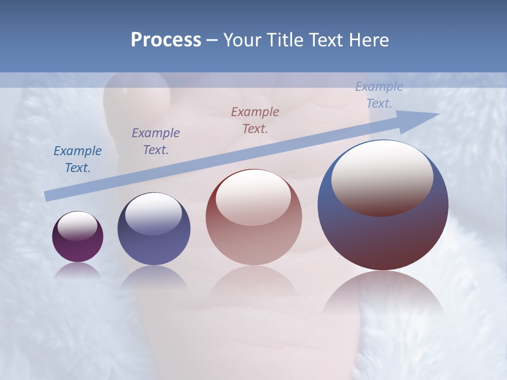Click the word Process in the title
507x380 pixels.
coord(166,40)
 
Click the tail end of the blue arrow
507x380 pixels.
coord(49,195)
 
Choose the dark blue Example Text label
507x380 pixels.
coord(78,159)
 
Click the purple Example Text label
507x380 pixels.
coord(156,141)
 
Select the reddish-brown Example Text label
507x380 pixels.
coord(255,120)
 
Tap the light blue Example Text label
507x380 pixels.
coord(379,95)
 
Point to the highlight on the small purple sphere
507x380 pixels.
coord(77,226)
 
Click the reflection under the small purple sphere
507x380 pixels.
coord(78,270)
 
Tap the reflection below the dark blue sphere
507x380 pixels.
coord(154,277)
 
